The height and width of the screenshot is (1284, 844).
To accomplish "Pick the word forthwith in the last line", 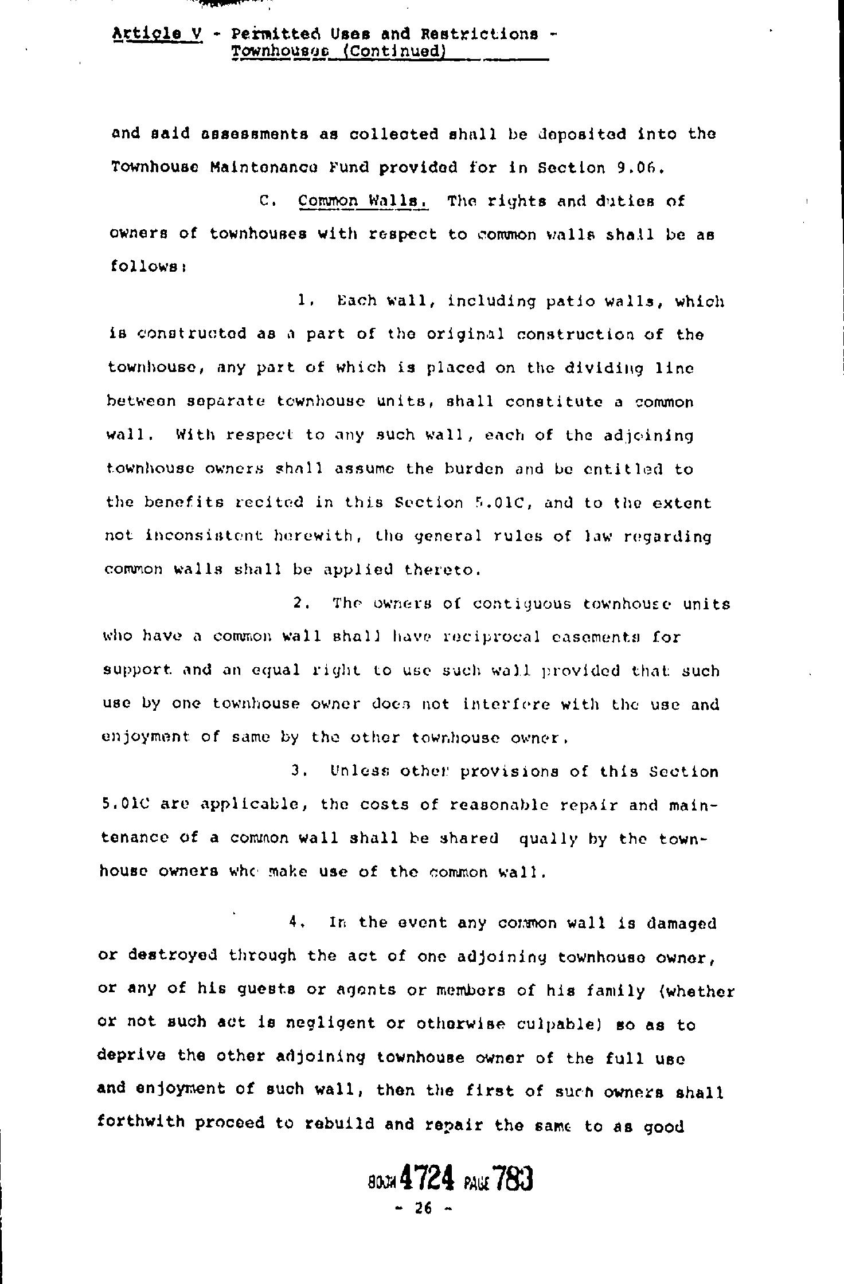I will pyautogui.click(x=141, y=1123).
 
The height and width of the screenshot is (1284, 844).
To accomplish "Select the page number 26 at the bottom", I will pyautogui.click(x=423, y=1208).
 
